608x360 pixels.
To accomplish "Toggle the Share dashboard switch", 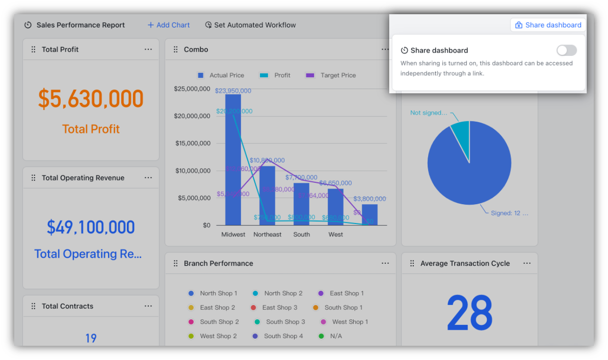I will [x=566, y=50].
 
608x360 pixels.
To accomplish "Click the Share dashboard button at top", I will [x=548, y=25].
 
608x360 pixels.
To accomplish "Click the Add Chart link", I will [x=169, y=25].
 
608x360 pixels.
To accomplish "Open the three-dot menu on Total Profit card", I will [x=148, y=49].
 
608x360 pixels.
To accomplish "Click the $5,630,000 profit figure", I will [x=91, y=99].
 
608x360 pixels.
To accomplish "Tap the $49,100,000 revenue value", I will [x=91, y=227].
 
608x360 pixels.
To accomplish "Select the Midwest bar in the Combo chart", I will [x=233, y=161].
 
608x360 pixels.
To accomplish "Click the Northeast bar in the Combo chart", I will [x=267, y=197].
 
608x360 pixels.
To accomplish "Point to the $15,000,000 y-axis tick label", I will [x=193, y=143].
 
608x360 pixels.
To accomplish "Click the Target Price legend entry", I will [x=331, y=75].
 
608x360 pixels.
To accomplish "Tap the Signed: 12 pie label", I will [x=509, y=213].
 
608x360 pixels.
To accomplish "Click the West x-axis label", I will [x=336, y=234].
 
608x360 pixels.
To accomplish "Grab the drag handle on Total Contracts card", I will [x=33, y=306].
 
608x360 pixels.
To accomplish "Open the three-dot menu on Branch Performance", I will [x=385, y=263].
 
